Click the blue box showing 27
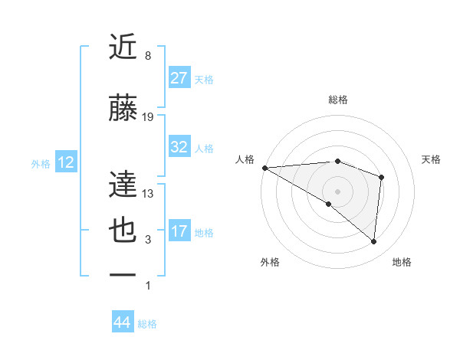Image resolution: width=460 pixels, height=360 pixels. coord(179,79)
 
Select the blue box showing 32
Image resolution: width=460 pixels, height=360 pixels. coord(179,147)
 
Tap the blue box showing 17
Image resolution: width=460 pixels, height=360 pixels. coord(179,231)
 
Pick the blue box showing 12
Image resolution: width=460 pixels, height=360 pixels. coord(65,162)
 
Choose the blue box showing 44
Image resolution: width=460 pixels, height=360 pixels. coord(122,322)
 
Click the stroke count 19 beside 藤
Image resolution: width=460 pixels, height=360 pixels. coord(148,117)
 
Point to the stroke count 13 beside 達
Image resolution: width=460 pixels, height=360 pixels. coord(148,194)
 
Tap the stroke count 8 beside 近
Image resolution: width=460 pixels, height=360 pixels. coord(148,56)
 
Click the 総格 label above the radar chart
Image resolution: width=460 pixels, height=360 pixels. coord(337,100)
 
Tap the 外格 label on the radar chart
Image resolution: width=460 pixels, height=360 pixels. coord(270,262)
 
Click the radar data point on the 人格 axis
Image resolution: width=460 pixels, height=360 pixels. coord(264,167)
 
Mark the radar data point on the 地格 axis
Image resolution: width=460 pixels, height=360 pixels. coord(373,241)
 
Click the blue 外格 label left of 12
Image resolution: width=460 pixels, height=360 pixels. coord(41,163)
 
